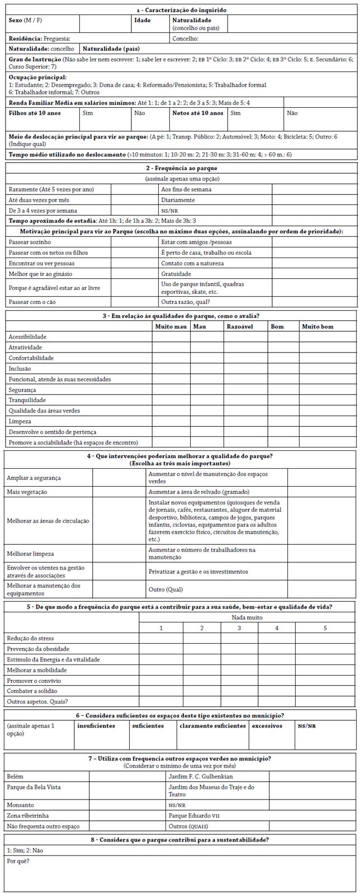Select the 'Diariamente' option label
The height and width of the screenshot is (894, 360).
[178, 199]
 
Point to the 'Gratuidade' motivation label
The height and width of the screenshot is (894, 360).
[176, 274]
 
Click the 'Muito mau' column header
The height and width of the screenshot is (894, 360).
[170, 326]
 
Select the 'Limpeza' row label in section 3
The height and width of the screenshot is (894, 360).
[20, 421]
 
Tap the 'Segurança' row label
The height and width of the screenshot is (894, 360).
[22, 389]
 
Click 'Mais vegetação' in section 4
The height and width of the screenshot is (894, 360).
[27, 492]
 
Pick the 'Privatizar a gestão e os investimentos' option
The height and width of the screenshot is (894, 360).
[198, 572]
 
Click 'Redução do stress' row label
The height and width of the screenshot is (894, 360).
[31, 638]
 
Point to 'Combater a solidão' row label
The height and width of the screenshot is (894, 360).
[32, 691]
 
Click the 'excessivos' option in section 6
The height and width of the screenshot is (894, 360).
[267, 726]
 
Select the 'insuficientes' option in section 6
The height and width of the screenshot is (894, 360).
[96, 726]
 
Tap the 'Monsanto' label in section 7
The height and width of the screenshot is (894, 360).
[20, 805]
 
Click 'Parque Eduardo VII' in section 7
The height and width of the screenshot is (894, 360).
[193, 815]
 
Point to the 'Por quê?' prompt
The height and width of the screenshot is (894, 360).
[18, 861]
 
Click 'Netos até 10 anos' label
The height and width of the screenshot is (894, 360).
[197, 112]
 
